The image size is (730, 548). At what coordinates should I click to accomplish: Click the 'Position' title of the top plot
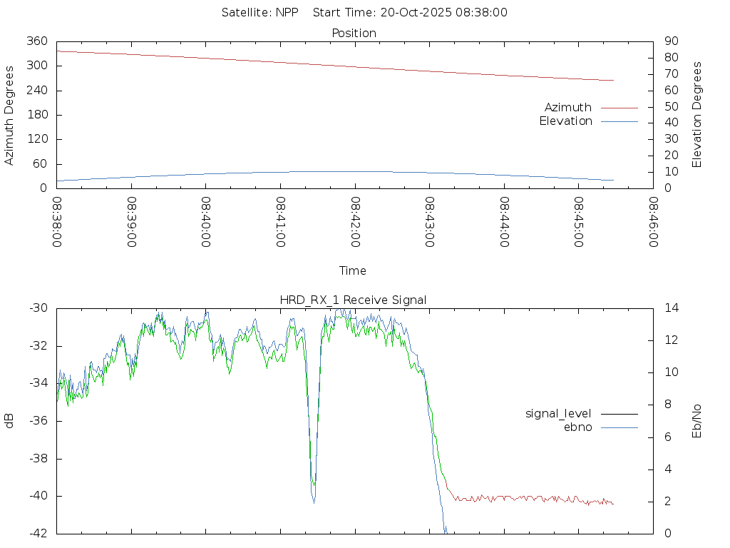pos(354,33)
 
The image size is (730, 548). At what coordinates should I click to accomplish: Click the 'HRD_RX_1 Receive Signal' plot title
pos(353,300)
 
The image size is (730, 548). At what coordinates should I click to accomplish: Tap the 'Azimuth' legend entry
pos(568,107)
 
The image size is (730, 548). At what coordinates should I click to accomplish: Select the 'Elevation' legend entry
pos(565,121)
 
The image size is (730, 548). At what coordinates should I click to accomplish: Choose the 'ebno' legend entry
pos(578,427)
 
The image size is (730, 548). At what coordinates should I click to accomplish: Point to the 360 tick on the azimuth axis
pos(36,41)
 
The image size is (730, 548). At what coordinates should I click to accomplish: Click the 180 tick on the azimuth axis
pos(36,115)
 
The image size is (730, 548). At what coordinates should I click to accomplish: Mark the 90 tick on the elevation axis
pos(671,41)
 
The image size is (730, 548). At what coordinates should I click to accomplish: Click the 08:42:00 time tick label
pos(355,222)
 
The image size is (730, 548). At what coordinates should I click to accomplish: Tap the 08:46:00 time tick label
pos(653,222)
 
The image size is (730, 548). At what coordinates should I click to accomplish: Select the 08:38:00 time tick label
pos(57,222)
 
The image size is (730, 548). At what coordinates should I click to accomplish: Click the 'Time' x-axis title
pos(353,270)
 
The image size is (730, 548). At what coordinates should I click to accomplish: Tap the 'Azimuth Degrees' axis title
pos(9,115)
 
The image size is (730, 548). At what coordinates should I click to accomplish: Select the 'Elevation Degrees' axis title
pos(697,115)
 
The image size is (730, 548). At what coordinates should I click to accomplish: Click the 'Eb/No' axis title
pos(697,421)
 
